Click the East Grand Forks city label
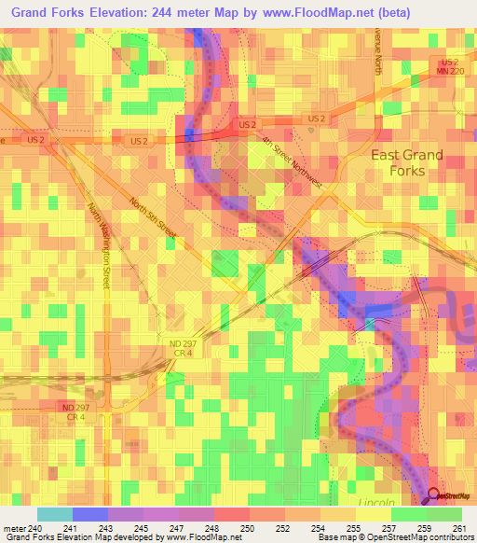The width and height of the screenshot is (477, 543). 407,162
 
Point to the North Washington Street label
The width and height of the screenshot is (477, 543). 99,246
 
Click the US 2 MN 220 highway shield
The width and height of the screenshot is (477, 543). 451,67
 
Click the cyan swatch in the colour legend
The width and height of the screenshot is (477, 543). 54,514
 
